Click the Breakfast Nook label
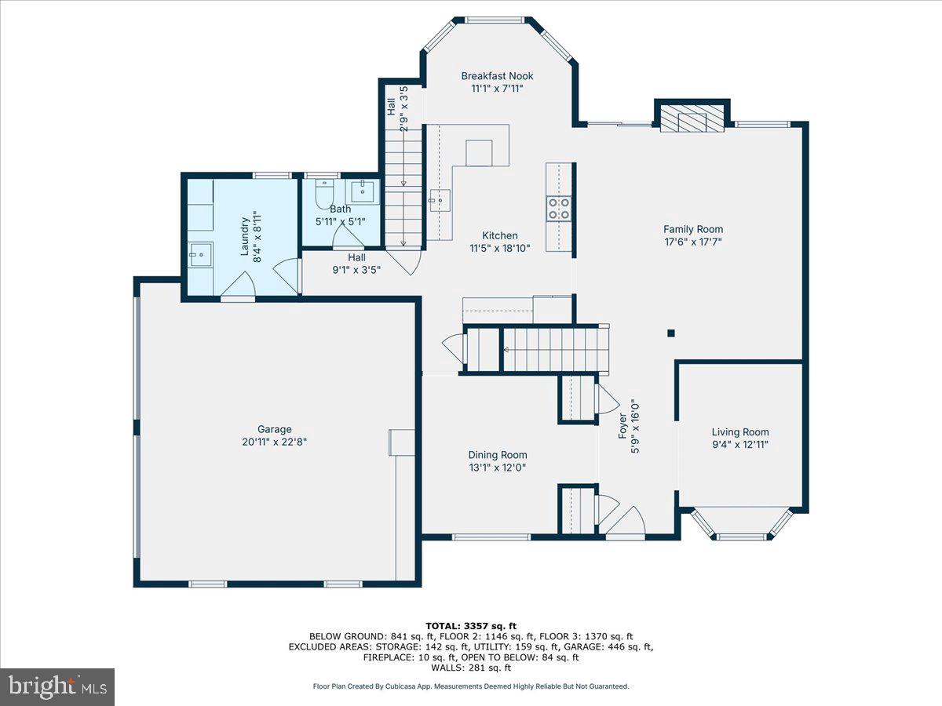497,76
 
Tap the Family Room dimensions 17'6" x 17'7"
692,242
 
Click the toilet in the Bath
324,194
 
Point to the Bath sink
363,191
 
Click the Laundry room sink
200,254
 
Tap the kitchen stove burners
558,209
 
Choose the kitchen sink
439,200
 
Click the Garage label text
274,429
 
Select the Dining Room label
498,455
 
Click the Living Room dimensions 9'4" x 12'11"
740,445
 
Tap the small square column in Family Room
670,333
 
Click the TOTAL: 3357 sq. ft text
471,626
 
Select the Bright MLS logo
57,687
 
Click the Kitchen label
499,236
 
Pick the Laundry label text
245,236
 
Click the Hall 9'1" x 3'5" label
356,264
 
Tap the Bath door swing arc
349,235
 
